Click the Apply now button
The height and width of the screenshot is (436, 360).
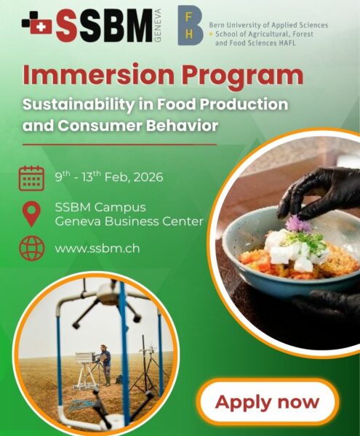pyautogui.click(x=267, y=402)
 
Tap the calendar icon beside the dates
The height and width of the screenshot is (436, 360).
pyautogui.click(x=31, y=177)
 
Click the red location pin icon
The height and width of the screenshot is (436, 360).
pyautogui.click(x=31, y=214)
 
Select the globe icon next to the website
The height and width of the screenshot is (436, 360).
pyautogui.click(x=31, y=249)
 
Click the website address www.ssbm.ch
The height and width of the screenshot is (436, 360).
pyautogui.click(x=97, y=249)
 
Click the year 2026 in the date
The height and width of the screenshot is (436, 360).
pyautogui.click(x=148, y=177)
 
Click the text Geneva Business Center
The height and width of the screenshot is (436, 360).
pyautogui.click(x=129, y=221)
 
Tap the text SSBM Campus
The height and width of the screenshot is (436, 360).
pyautogui.click(x=100, y=206)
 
